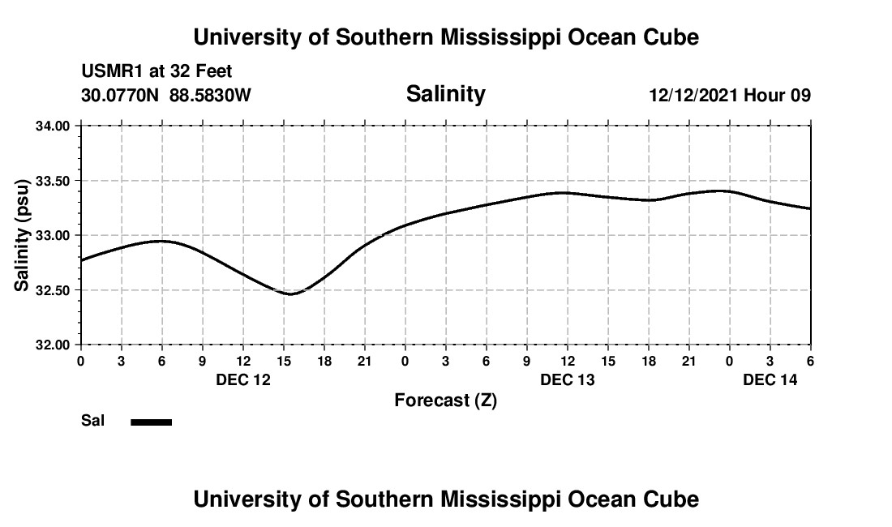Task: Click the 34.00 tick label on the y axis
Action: (x=54, y=126)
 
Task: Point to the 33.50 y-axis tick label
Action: (x=54, y=181)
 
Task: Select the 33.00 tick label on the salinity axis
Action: (x=54, y=235)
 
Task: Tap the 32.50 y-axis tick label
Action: (x=54, y=290)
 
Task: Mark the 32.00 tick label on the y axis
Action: (x=54, y=345)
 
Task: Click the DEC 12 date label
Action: (x=243, y=379)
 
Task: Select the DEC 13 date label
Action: (x=568, y=379)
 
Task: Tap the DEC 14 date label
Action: (x=770, y=379)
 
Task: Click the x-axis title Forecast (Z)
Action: (x=445, y=401)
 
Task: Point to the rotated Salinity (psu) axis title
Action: (x=23, y=235)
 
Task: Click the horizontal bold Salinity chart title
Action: (x=445, y=94)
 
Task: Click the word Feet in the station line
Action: (x=214, y=72)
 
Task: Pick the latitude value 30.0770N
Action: (x=121, y=96)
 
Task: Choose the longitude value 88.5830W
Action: (x=210, y=96)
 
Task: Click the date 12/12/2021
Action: (x=693, y=96)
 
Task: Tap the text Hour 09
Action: (x=778, y=96)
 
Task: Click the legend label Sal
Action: (x=93, y=421)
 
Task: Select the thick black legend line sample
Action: (x=152, y=422)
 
